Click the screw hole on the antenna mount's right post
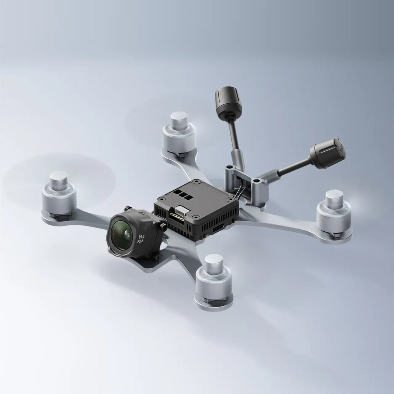pos(257,180)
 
